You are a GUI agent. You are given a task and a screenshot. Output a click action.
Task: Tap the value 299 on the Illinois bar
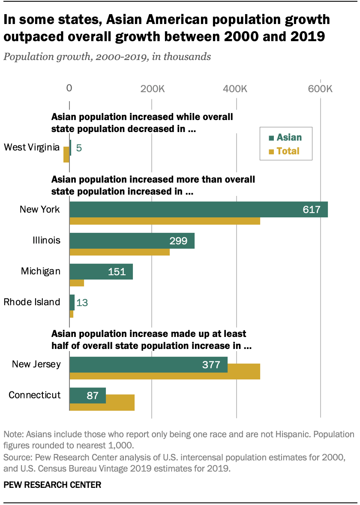[x=178, y=240]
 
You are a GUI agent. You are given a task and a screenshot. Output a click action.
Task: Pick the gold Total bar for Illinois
[x=120, y=252]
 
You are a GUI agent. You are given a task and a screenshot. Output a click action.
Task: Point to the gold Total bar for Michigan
[x=77, y=283]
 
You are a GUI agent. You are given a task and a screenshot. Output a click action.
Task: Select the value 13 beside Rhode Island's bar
[x=81, y=303]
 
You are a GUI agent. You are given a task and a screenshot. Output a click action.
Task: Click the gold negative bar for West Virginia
[x=66, y=155]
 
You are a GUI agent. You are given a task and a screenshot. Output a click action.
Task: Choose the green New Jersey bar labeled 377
[x=148, y=364]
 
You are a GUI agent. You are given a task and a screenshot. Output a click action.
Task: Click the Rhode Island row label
[x=32, y=302]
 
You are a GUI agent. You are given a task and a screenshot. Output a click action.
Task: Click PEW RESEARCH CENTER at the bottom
[x=52, y=485]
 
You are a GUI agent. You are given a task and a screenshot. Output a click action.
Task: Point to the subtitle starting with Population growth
[x=108, y=57]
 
